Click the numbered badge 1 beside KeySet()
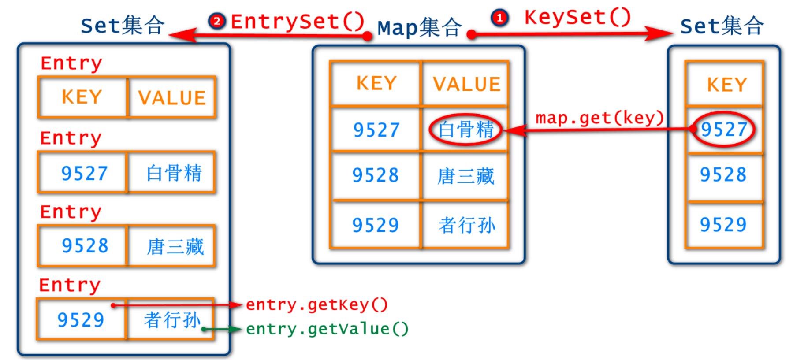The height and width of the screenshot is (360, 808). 499,18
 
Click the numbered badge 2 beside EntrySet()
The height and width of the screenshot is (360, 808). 216,21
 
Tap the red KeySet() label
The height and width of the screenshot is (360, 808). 577,18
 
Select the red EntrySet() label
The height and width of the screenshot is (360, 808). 297,21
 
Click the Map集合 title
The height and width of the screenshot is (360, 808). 419,28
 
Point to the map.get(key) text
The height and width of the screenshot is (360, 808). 599,118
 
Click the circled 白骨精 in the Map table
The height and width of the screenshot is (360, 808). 465,130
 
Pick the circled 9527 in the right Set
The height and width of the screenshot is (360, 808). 724,129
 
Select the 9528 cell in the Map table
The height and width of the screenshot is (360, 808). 376,175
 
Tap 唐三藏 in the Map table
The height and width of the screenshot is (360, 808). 465,176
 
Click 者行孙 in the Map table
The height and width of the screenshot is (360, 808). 466,225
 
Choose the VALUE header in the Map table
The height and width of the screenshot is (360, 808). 466,84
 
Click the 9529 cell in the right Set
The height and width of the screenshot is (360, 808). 723,225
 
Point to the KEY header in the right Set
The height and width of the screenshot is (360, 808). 727,85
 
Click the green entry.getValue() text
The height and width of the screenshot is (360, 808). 327,329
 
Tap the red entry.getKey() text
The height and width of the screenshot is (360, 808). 316,304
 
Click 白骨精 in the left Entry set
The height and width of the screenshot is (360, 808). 174,173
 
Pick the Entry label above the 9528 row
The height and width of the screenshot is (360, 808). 71,212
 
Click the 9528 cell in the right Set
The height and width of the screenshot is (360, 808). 723,175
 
